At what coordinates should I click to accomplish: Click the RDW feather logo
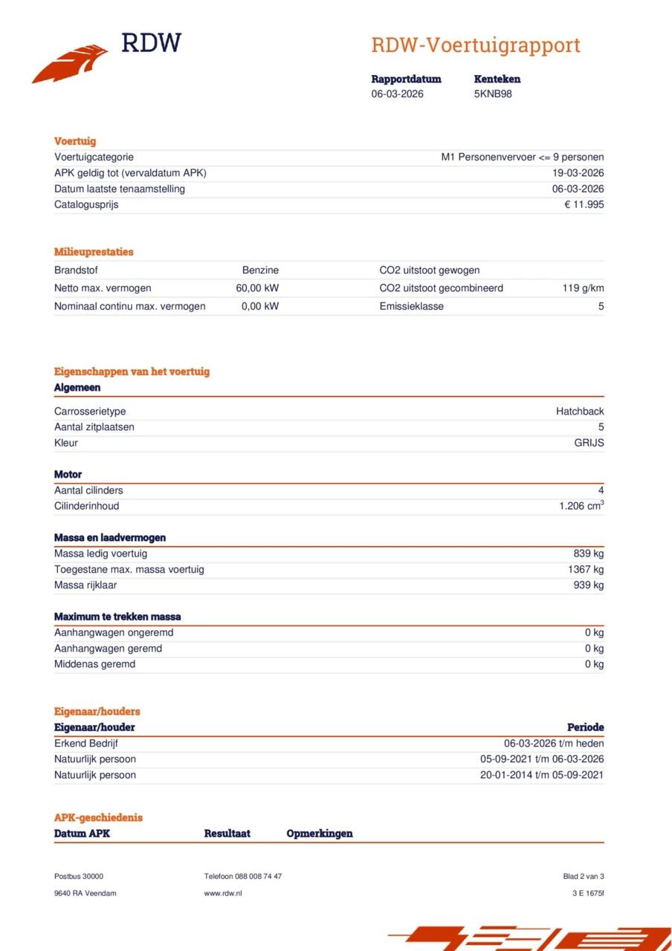point(71,63)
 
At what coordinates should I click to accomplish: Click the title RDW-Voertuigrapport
point(476,45)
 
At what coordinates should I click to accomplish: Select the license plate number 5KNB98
point(493,94)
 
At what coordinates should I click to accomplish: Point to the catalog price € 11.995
point(584,204)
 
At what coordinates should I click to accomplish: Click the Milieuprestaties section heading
point(94,252)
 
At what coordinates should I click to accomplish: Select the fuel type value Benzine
point(260,270)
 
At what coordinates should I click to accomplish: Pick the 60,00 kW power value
point(257,288)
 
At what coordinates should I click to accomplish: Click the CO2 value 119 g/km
point(583,288)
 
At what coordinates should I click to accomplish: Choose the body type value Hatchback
point(580,412)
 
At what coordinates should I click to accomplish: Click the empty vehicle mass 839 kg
point(588,554)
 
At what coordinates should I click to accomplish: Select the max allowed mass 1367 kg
point(585,569)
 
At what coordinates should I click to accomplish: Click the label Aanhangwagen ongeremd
point(114,633)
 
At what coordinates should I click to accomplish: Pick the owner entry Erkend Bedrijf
point(86,744)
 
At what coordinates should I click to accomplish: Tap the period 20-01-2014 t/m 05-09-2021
point(542,775)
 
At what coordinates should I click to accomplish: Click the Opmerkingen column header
point(320,834)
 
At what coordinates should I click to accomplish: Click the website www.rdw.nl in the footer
point(223,893)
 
